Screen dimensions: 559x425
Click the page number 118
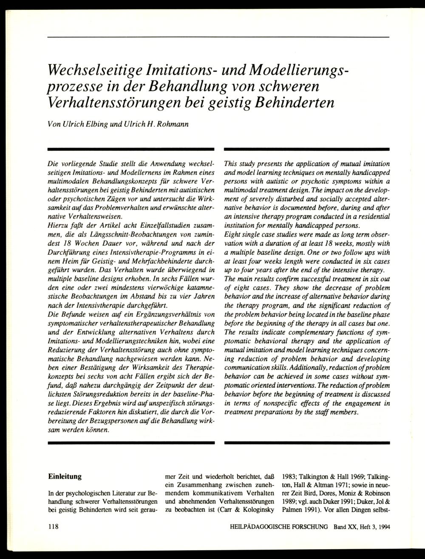pyautogui.click(x=53, y=527)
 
